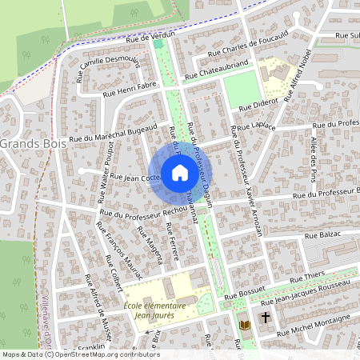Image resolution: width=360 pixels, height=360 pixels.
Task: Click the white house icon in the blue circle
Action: pos(180,172)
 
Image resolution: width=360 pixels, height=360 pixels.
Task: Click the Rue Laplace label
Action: pos(257,127)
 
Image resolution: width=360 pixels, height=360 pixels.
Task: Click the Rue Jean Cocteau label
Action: pos(135,177)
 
